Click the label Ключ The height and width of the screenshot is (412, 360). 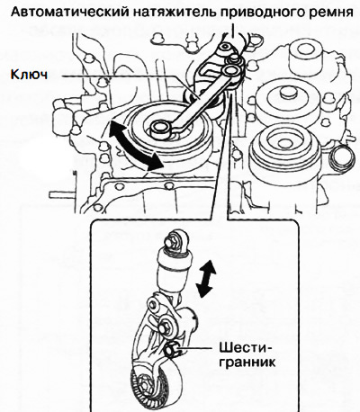29,74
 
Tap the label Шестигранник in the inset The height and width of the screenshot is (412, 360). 246,355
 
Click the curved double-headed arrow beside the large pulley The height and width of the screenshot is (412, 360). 135,144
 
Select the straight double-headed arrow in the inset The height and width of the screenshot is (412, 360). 205,278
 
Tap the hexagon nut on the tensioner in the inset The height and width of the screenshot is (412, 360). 172,348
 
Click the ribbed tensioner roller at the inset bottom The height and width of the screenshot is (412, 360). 156,380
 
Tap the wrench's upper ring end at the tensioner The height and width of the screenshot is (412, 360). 231,72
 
